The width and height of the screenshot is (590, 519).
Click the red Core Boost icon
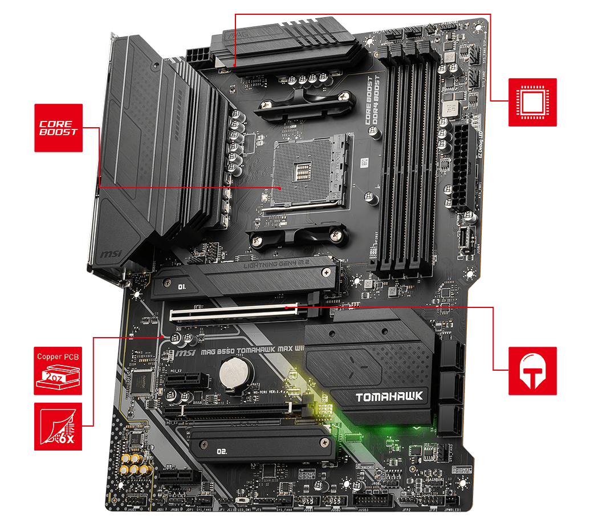click(58, 128)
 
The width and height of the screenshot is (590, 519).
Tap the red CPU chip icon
click(532, 102)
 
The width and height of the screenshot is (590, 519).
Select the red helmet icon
click(532, 370)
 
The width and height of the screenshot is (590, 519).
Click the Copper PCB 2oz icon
click(58, 371)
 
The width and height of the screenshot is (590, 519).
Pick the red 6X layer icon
click(58, 426)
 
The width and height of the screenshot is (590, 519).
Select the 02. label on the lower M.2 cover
click(222, 451)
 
